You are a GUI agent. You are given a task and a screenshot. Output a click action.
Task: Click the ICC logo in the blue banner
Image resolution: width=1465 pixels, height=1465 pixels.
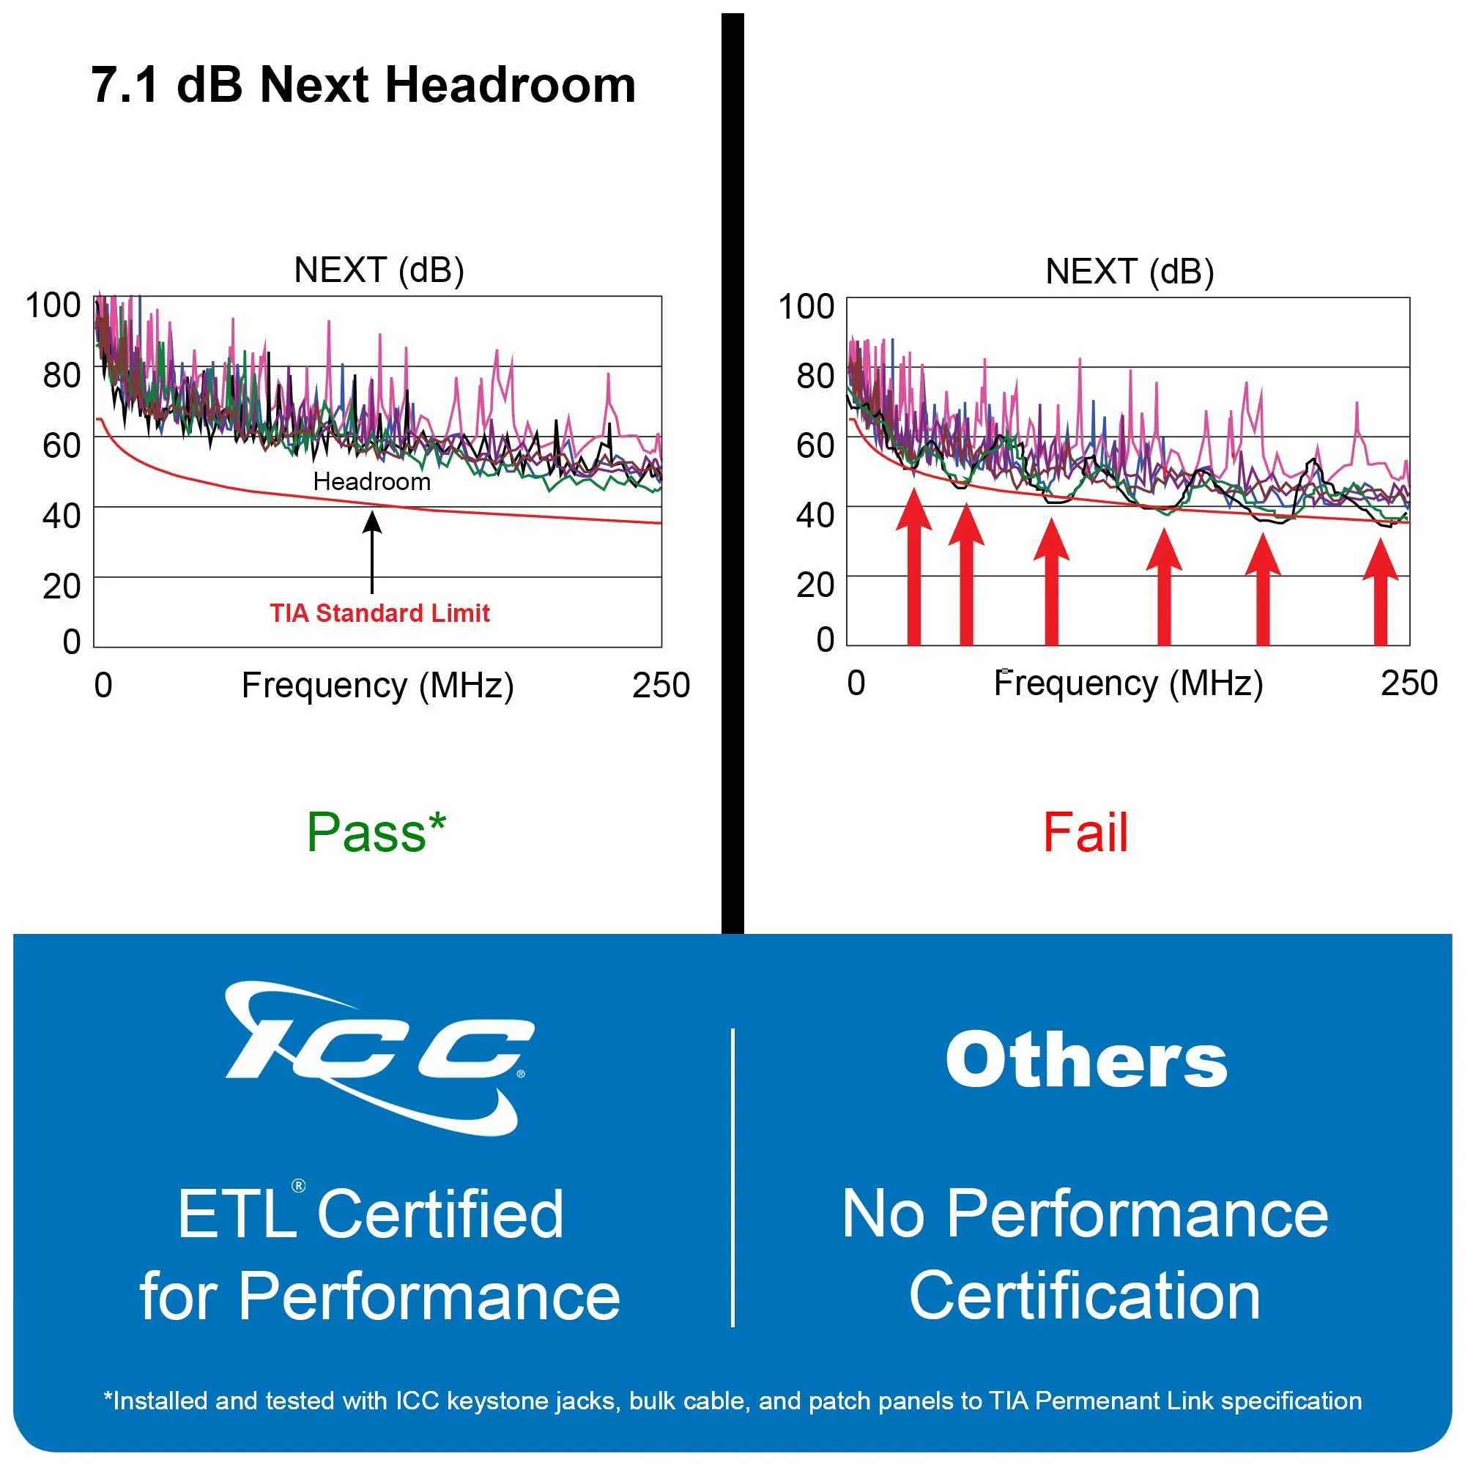pyautogui.click(x=379, y=1058)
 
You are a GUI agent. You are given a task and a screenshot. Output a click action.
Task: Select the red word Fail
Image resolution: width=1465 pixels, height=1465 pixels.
pyautogui.click(x=1085, y=834)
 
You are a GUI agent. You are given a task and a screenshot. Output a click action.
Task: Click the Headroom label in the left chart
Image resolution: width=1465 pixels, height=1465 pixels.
pyautogui.click(x=371, y=481)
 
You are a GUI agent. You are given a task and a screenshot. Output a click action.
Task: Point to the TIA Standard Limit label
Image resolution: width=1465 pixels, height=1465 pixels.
pyautogui.click(x=379, y=612)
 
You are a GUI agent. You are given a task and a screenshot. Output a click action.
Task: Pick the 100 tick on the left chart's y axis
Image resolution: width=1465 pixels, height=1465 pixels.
pyautogui.click(x=53, y=305)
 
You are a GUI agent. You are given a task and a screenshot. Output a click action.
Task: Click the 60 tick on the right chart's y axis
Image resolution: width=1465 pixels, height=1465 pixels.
pyautogui.click(x=815, y=445)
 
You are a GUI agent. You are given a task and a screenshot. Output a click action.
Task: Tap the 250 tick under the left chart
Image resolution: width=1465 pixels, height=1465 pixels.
pyautogui.click(x=661, y=686)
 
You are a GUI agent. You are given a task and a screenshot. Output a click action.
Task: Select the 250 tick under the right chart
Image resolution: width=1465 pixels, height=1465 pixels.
pyautogui.click(x=1408, y=683)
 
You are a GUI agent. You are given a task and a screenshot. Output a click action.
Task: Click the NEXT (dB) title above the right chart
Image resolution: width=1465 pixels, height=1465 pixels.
pyautogui.click(x=1129, y=272)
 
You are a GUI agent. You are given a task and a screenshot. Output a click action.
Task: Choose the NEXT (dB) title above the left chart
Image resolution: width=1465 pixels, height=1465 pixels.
pyautogui.click(x=379, y=270)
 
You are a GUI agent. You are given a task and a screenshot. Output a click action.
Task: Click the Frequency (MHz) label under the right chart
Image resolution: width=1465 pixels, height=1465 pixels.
pyautogui.click(x=1127, y=683)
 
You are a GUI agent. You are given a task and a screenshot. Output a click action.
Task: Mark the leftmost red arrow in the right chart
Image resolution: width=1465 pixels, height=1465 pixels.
pyautogui.click(x=913, y=568)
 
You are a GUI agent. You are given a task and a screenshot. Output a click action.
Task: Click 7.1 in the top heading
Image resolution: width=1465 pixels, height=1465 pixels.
pyautogui.click(x=125, y=84)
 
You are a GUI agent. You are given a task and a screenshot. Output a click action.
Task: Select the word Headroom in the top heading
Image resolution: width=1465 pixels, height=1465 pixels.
pyautogui.click(x=511, y=84)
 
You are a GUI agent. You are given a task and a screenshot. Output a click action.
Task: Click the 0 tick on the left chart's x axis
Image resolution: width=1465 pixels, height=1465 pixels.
pyautogui.click(x=103, y=686)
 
